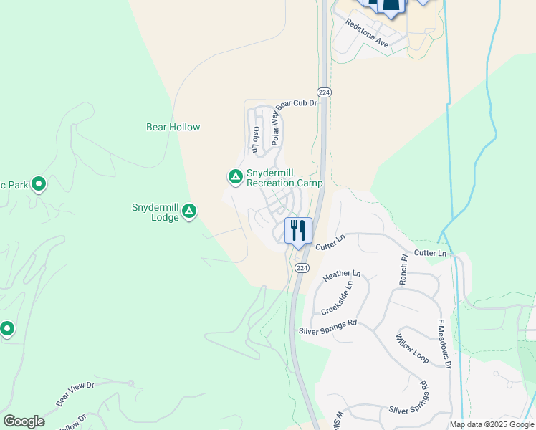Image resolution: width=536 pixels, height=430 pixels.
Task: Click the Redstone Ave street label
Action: coord(367,34)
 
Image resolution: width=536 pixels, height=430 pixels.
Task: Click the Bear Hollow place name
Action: coord(173,127)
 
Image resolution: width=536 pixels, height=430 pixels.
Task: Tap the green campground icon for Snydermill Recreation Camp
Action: coord(234,176)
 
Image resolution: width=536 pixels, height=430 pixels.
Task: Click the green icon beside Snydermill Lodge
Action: coord(189,210)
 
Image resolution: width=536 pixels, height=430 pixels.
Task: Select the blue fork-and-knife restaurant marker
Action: coord(298,231)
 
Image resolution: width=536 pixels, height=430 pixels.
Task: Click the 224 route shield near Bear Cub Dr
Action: coord(325,92)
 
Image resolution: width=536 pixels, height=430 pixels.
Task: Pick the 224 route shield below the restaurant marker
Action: coord(302,267)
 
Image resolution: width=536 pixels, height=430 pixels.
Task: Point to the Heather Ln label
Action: coord(342,274)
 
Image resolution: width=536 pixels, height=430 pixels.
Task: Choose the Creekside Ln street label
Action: coord(337,297)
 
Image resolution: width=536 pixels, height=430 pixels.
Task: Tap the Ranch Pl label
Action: coord(403,267)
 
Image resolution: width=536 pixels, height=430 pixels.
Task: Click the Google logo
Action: coord(24,421)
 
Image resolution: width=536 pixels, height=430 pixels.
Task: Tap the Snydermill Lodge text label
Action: coord(155,212)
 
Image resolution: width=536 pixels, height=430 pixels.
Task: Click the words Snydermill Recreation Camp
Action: coord(284,178)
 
